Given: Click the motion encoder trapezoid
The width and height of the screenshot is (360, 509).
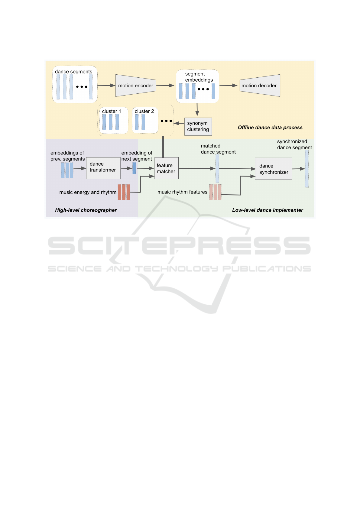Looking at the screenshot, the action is pos(136,86).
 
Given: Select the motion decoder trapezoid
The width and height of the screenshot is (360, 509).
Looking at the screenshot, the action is pos(260,86).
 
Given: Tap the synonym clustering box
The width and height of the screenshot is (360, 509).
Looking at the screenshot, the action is pos(198,127).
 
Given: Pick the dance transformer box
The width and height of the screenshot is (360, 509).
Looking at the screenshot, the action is pos(103,168).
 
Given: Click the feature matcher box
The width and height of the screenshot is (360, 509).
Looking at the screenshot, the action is pos(166,168).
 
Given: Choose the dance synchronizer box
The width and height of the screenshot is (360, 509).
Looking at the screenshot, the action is pos(274,169).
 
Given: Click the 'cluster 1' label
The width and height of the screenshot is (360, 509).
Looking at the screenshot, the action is pos(111,111).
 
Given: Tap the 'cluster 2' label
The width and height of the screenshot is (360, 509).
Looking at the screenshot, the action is pos(144,111).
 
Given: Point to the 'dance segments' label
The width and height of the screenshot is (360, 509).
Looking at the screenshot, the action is pos(74,72).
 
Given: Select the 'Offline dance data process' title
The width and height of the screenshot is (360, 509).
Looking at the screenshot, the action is pos(270,128).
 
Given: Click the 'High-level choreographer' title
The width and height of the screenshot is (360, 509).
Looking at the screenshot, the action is pos(86,210).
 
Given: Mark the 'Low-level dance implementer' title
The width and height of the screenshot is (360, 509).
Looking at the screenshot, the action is pos(268,210).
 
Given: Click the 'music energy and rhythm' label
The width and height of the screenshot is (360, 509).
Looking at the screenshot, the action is pos(88,192).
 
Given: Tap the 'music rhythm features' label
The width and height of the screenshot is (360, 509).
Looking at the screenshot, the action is pos(183,192).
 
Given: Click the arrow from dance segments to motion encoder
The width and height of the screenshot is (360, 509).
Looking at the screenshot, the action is pos(106,86).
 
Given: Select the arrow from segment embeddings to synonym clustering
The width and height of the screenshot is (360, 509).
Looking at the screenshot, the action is pos(197,109).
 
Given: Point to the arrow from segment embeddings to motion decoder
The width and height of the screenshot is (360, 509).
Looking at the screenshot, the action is pos(229,86).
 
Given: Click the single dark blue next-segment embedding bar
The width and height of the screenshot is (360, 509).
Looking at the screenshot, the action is pos(134,168).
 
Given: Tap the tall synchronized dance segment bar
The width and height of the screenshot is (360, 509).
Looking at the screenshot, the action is pos(307,169).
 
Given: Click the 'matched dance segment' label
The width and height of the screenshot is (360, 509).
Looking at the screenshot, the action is pos(218,149).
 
